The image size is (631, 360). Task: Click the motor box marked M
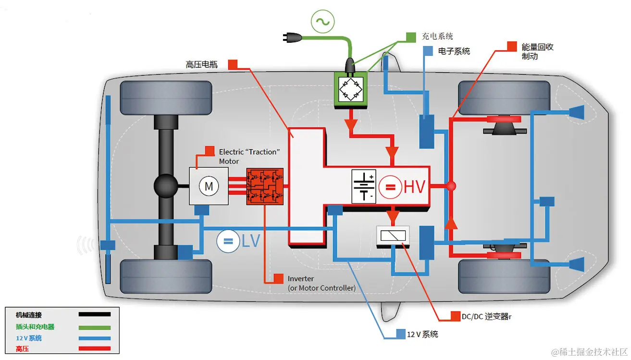pyautogui.click(x=209, y=186)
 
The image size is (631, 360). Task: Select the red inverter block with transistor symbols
pyautogui.click(x=265, y=186)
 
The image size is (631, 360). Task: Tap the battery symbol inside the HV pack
pyautogui.click(x=364, y=186)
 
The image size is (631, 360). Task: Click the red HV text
pyautogui.click(x=415, y=187)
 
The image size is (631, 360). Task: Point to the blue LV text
pyautogui.click(x=250, y=241)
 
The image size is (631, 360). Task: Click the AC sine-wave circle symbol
pyautogui.click(x=322, y=21)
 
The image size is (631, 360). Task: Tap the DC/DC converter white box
pyautogui.click(x=393, y=235)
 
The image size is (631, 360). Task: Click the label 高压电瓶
pyautogui.click(x=201, y=64)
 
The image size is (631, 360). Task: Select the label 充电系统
pyautogui.click(x=437, y=37)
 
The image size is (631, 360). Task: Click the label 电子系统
pyautogui.click(x=454, y=51)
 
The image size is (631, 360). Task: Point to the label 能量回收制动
pyautogui.click(x=537, y=52)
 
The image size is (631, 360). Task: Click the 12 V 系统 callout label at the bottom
pyautogui.click(x=422, y=335)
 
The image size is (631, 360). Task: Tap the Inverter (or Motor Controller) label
pyautogui.click(x=321, y=283)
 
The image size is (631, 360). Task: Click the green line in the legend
pyautogui.click(x=95, y=327)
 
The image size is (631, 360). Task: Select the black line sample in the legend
pyautogui.click(x=95, y=315)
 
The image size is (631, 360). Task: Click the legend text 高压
pyautogui.click(x=22, y=349)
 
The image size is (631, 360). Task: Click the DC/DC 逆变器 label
pyautogui.click(x=486, y=317)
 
